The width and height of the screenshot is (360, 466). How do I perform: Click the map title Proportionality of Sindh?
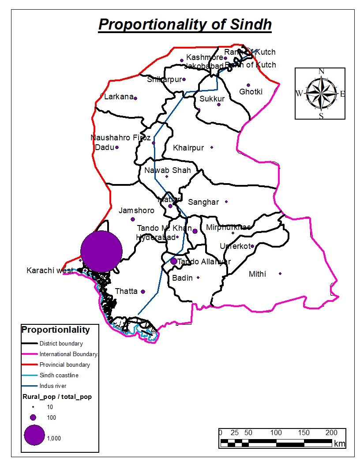coord(185,24)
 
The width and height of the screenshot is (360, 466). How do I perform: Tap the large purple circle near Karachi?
coord(101,251)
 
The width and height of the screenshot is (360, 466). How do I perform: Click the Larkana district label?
coord(118,97)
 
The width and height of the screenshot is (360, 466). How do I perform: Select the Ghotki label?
coord(251,92)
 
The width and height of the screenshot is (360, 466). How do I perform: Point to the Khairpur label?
coord(188,148)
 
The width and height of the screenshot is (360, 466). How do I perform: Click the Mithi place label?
coord(257,274)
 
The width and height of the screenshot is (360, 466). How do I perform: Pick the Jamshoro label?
coord(136,210)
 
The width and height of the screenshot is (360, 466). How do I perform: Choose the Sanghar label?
coord(203,202)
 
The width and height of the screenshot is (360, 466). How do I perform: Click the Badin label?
coord(182,278)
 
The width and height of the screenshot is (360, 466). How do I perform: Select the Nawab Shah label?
coord(168,170)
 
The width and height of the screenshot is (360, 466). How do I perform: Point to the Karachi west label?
coord(49,271)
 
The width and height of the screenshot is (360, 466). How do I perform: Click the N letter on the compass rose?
coord(321,71)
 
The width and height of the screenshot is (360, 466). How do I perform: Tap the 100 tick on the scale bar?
coord(276,432)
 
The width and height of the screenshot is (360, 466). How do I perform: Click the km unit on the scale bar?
coord(339,443)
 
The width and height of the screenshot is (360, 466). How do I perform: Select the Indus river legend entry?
coord(52,386)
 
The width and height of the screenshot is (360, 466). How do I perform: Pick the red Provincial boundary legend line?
coord(30,365)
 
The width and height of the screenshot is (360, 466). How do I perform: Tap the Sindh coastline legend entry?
coord(59,375)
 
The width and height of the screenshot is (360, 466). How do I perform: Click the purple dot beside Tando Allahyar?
coord(173,261)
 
